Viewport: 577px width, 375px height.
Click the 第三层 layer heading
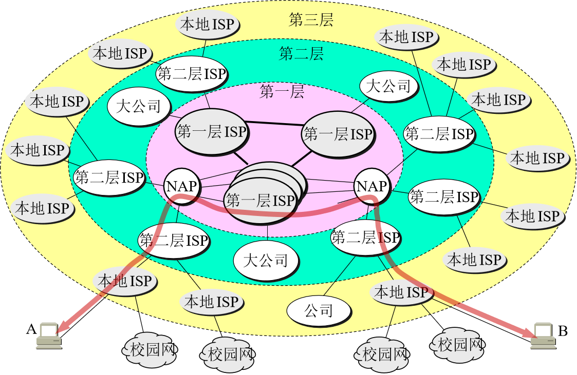click(x=311, y=19)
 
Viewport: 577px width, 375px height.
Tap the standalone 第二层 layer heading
click(x=301, y=54)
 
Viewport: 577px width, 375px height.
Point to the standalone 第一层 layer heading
click(x=282, y=91)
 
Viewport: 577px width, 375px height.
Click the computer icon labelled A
click(x=49, y=335)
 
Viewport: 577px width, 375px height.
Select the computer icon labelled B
click(x=543, y=335)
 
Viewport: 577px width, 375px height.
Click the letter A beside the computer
click(x=31, y=329)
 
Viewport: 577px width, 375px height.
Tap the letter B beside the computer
click(x=563, y=331)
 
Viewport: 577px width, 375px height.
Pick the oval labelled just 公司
click(x=319, y=311)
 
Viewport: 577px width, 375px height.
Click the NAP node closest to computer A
click(x=182, y=186)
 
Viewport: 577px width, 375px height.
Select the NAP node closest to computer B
click(x=372, y=186)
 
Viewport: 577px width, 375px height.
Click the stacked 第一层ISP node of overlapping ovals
click(x=265, y=193)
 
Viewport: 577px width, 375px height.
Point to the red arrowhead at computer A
click(x=65, y=325)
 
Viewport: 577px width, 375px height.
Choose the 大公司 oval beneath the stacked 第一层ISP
click(x=266, y=261)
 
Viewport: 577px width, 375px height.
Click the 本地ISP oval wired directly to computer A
click(x=125, y=281)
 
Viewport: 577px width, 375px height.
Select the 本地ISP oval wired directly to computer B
click(x=401, y=292)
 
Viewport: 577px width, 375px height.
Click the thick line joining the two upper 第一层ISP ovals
click(x=274, y=124)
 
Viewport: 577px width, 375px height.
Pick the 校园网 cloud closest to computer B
click(x=457, y=345)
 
